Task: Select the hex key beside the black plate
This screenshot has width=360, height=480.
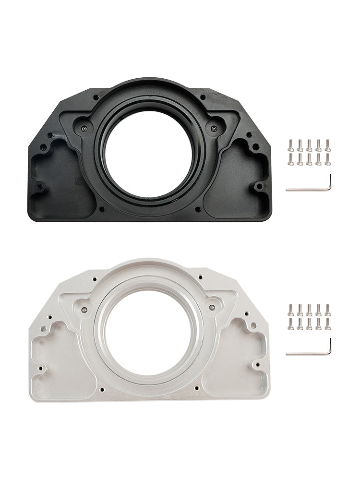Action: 307,189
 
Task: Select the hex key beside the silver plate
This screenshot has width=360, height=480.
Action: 307,353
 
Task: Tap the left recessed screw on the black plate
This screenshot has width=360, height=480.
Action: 84,129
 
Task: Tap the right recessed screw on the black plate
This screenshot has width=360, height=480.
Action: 212,128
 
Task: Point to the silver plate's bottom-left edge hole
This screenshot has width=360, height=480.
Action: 41,369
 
